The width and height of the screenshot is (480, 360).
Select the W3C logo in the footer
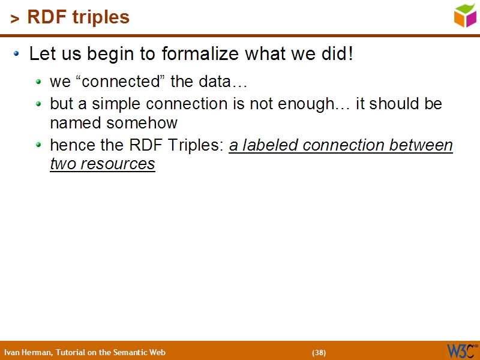click(x=462, y=350)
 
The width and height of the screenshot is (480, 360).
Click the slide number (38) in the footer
click(x=319, y=352)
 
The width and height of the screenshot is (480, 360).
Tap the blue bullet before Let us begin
click(x=17, y=54)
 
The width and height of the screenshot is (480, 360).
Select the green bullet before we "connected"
click(x=39, y=82)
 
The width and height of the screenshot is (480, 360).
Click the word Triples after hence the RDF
click(x=194, y=145)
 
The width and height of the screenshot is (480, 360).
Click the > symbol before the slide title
click(x=15, y=19)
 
